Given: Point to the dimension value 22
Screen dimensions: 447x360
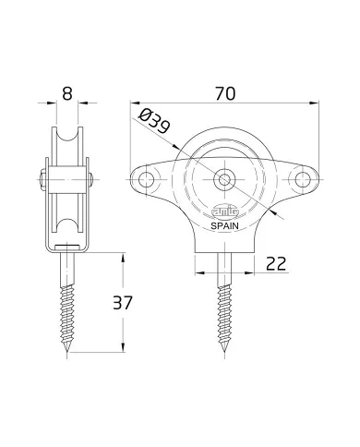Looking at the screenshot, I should point(274,264).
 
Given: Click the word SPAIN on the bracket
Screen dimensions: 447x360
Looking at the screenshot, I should point(224,223).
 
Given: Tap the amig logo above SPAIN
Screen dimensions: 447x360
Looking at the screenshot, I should point(224,209).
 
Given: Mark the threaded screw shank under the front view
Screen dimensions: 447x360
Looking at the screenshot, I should point(225,305).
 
